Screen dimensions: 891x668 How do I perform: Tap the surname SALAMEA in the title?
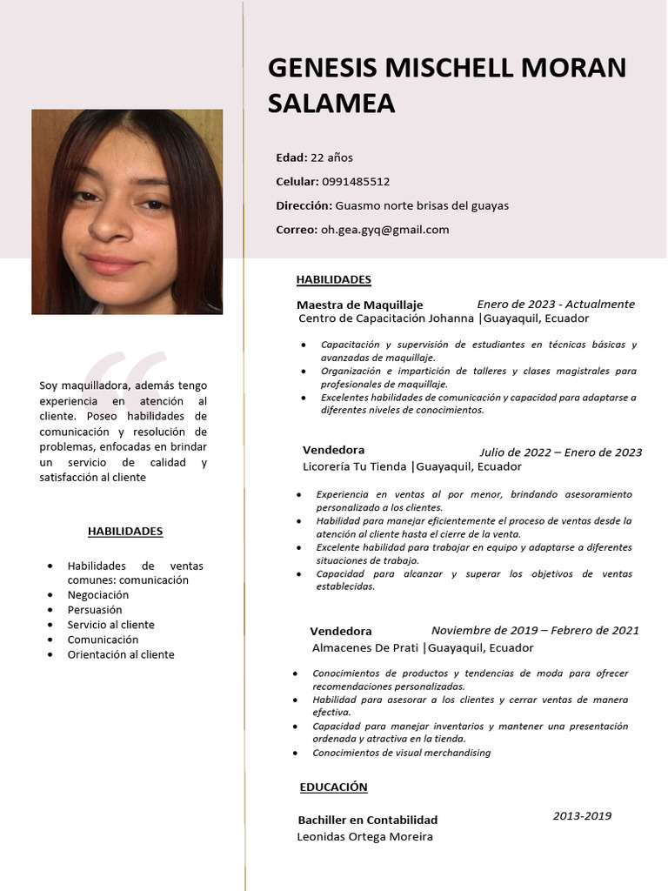coord(331,104)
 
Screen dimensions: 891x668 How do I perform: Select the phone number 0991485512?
coord(356,182)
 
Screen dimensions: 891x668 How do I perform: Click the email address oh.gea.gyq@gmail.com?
coord(385,230)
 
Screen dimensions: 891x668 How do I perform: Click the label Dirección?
coord(304,206)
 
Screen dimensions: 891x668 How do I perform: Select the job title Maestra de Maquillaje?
coord(359,305)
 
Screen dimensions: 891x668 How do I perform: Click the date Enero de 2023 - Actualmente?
coord(556,304)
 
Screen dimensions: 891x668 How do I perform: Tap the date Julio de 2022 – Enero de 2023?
coord(560,452)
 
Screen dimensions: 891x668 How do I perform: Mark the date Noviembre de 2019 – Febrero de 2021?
coord(535,630)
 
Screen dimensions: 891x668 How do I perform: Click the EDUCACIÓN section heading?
coord(333,787)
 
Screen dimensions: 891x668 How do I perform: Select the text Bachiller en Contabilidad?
coord(367,820)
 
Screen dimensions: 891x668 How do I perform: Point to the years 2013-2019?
coord(582,815)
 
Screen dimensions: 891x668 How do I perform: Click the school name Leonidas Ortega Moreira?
coord(364,836)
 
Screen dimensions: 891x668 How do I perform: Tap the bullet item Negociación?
coord(98,595)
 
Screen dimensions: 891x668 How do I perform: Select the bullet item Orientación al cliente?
coord(121,654)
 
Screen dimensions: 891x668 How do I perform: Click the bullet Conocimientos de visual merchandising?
coord(401,753)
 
